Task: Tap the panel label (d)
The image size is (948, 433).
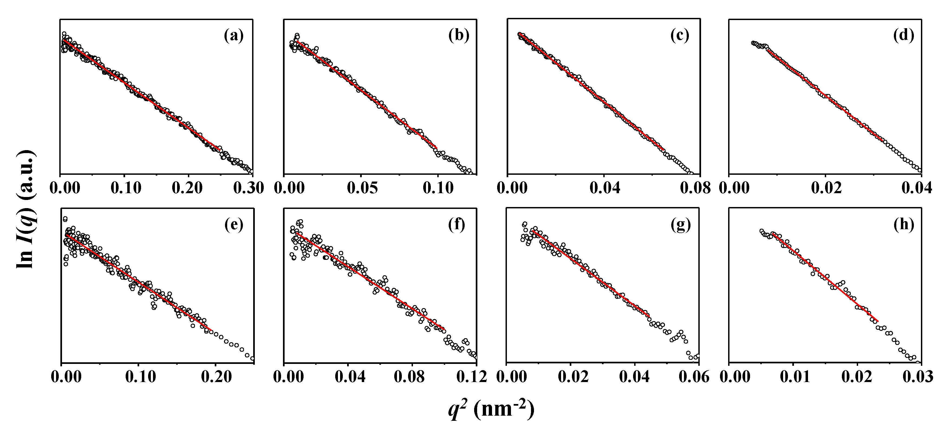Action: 904,36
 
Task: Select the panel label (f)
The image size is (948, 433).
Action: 457,225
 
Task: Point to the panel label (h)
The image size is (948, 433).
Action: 904,225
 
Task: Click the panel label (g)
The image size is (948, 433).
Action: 680,225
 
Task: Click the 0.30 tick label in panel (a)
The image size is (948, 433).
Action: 249,188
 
